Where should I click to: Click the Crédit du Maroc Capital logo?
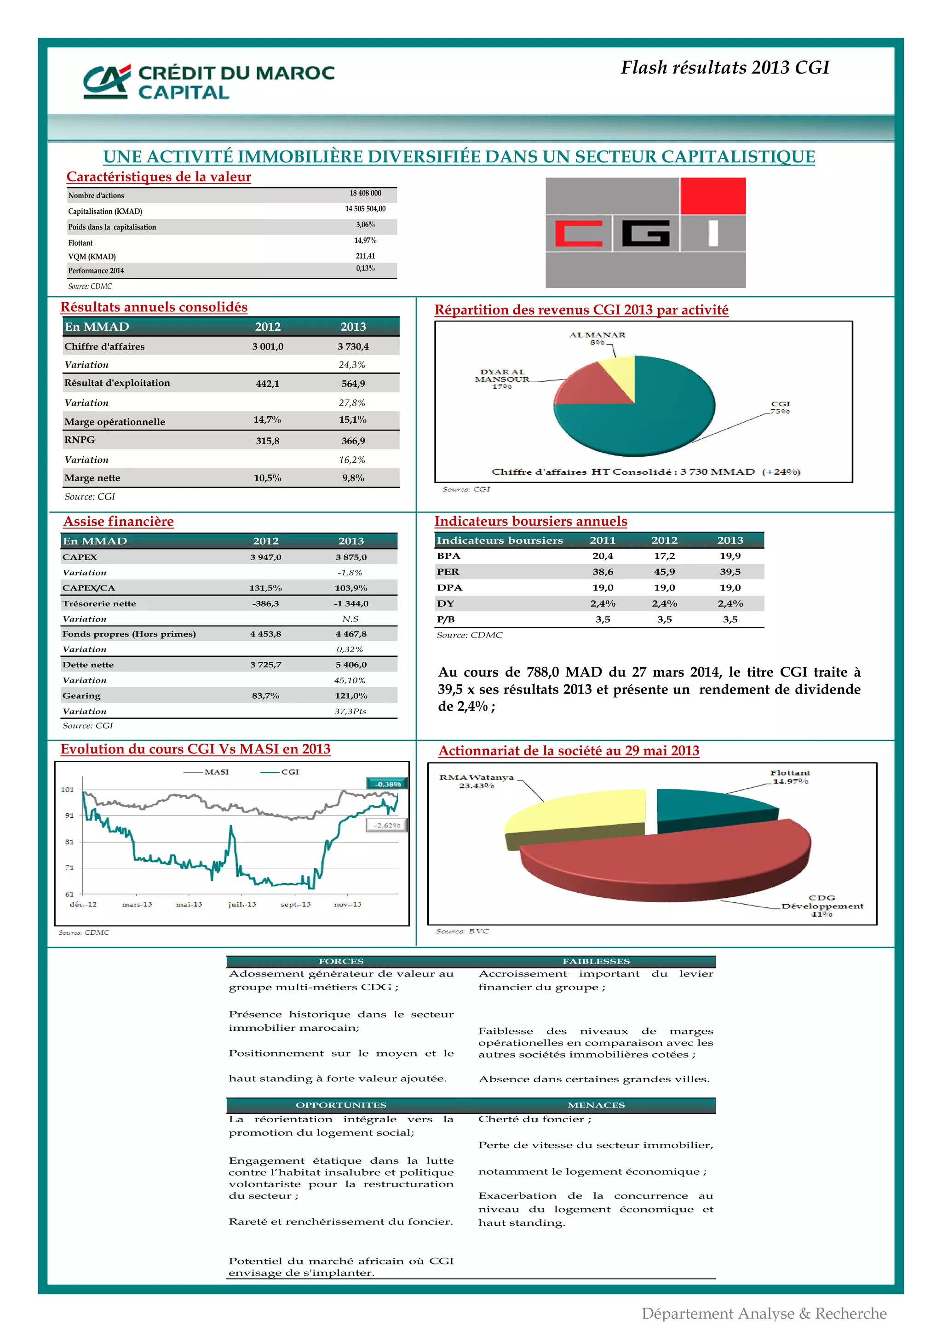point(209,81)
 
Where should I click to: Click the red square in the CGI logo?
point(712,196)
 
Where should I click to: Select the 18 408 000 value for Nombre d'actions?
point(365,193)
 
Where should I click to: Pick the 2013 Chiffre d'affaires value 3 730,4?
point(353,346)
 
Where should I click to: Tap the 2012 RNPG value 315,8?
point(267,441)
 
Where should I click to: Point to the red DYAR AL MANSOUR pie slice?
point(589,386)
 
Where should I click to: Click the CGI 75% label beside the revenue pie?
point(780,407)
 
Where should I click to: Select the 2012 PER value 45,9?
point(664,571)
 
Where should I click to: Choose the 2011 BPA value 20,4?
point(603,556)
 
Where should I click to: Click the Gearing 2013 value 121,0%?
point(351,695)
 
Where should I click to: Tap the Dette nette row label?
point(88,665)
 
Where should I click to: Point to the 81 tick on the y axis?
point(69,842)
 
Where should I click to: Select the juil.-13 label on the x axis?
point(242,904)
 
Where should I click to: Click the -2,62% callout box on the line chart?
point(386,825)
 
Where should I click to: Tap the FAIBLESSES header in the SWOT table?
point(596,961)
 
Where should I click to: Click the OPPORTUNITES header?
point(341,1105)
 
